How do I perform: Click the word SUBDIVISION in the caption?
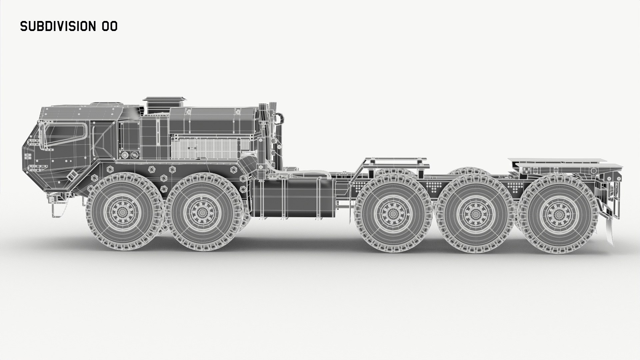(x=58, y=26)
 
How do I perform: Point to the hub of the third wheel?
(x=392, y=213)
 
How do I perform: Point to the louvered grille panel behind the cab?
(x=210, y=147)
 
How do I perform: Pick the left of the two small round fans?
(x=125, y=155)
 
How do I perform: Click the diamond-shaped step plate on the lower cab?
(x=71, y=176)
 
